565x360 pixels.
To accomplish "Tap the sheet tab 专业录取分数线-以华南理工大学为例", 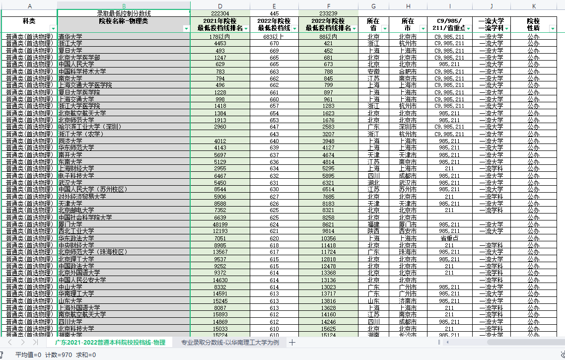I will pyautogui.click(x=230, y=343).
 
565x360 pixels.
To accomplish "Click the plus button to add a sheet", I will pyautogui.click(x=292, y=343).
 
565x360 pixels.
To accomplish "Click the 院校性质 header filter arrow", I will pyautogui.click(x=553, y=29).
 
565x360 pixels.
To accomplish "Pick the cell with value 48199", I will pyautogui.click(x=220, y=224).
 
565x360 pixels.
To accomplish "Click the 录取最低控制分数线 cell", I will pyautogui.click(x=123, y=13).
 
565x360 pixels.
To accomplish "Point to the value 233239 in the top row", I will pyautogui.click(x=328, y=13).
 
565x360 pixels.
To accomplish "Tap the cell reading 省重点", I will pyautogui.click(x=449, y=238).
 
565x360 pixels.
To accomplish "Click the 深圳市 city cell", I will pyautogui.click(x=408, y=127).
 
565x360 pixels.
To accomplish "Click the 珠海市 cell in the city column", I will pyautogui.click(x=408, y=252).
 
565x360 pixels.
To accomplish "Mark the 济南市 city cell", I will pyautogui.click(x=408, y=301).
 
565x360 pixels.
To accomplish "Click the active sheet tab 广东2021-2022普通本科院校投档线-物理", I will pyautogui.click(x=110, y=343).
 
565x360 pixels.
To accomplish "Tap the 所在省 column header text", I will pyautogui.click(x=373, y=24).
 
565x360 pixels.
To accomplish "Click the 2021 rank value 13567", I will pyautogui.click(x=220, y=252).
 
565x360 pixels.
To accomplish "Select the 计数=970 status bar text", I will pyautogui.click(x=59, y=355).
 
